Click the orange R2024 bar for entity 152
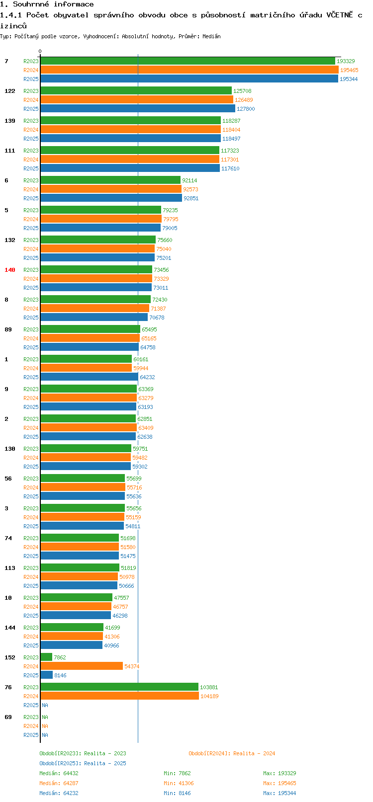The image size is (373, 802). click(82, 666)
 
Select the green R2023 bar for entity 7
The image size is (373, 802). click(187, 61)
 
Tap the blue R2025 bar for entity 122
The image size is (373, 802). click(138, 109)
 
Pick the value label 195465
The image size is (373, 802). click(349, 70)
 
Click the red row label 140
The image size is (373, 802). click(10, 270)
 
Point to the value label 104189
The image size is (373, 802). click(209, 696)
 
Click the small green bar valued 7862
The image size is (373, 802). click(46, 657)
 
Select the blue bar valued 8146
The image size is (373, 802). click(47, 675)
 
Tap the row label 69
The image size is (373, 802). click(8, 717)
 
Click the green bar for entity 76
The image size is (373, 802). click(119, 687)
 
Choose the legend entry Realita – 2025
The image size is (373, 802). click(83, 763)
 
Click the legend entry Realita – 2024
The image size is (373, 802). click(232, 753)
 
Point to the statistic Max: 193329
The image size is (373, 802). click(280, 773)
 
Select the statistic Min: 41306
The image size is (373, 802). click(179, 783)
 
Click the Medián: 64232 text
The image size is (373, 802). click(59, 793)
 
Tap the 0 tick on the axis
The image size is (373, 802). click(40, 51)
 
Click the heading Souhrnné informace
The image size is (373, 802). click(47, 4)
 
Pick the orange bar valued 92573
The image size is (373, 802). click(111, 189)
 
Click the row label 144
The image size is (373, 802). click(10, 628)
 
